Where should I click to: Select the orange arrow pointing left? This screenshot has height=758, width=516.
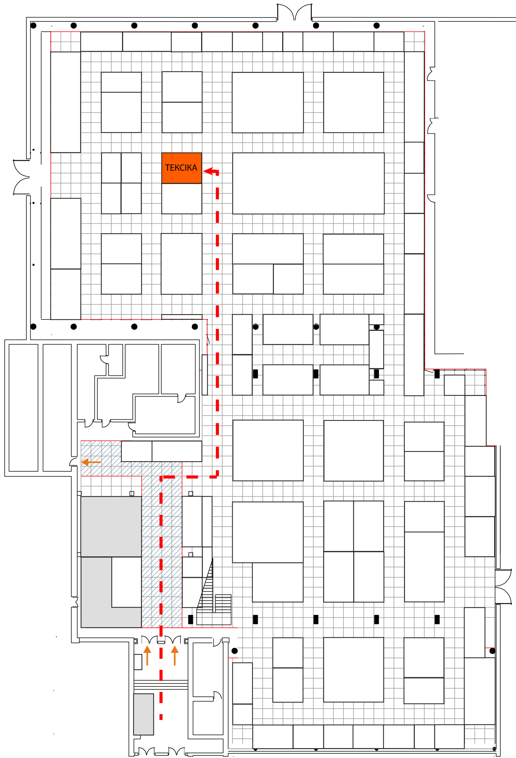point(91,462)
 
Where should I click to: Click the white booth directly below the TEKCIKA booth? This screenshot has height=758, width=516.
point(182,199)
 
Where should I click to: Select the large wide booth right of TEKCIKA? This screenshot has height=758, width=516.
point(308,183)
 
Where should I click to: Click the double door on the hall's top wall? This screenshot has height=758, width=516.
point(295,12)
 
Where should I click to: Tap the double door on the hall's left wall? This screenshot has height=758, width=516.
point(22,177)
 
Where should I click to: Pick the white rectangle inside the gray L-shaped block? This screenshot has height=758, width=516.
point(126,582)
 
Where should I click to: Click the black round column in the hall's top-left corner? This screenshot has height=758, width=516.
point(33,25)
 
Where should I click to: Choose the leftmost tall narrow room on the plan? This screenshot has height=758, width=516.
point(23,408)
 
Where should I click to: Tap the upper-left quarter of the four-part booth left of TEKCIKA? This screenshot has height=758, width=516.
point(111,168)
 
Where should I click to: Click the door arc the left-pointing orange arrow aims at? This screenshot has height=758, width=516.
point(73,462)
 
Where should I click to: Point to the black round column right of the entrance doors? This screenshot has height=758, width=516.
point(234,651)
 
